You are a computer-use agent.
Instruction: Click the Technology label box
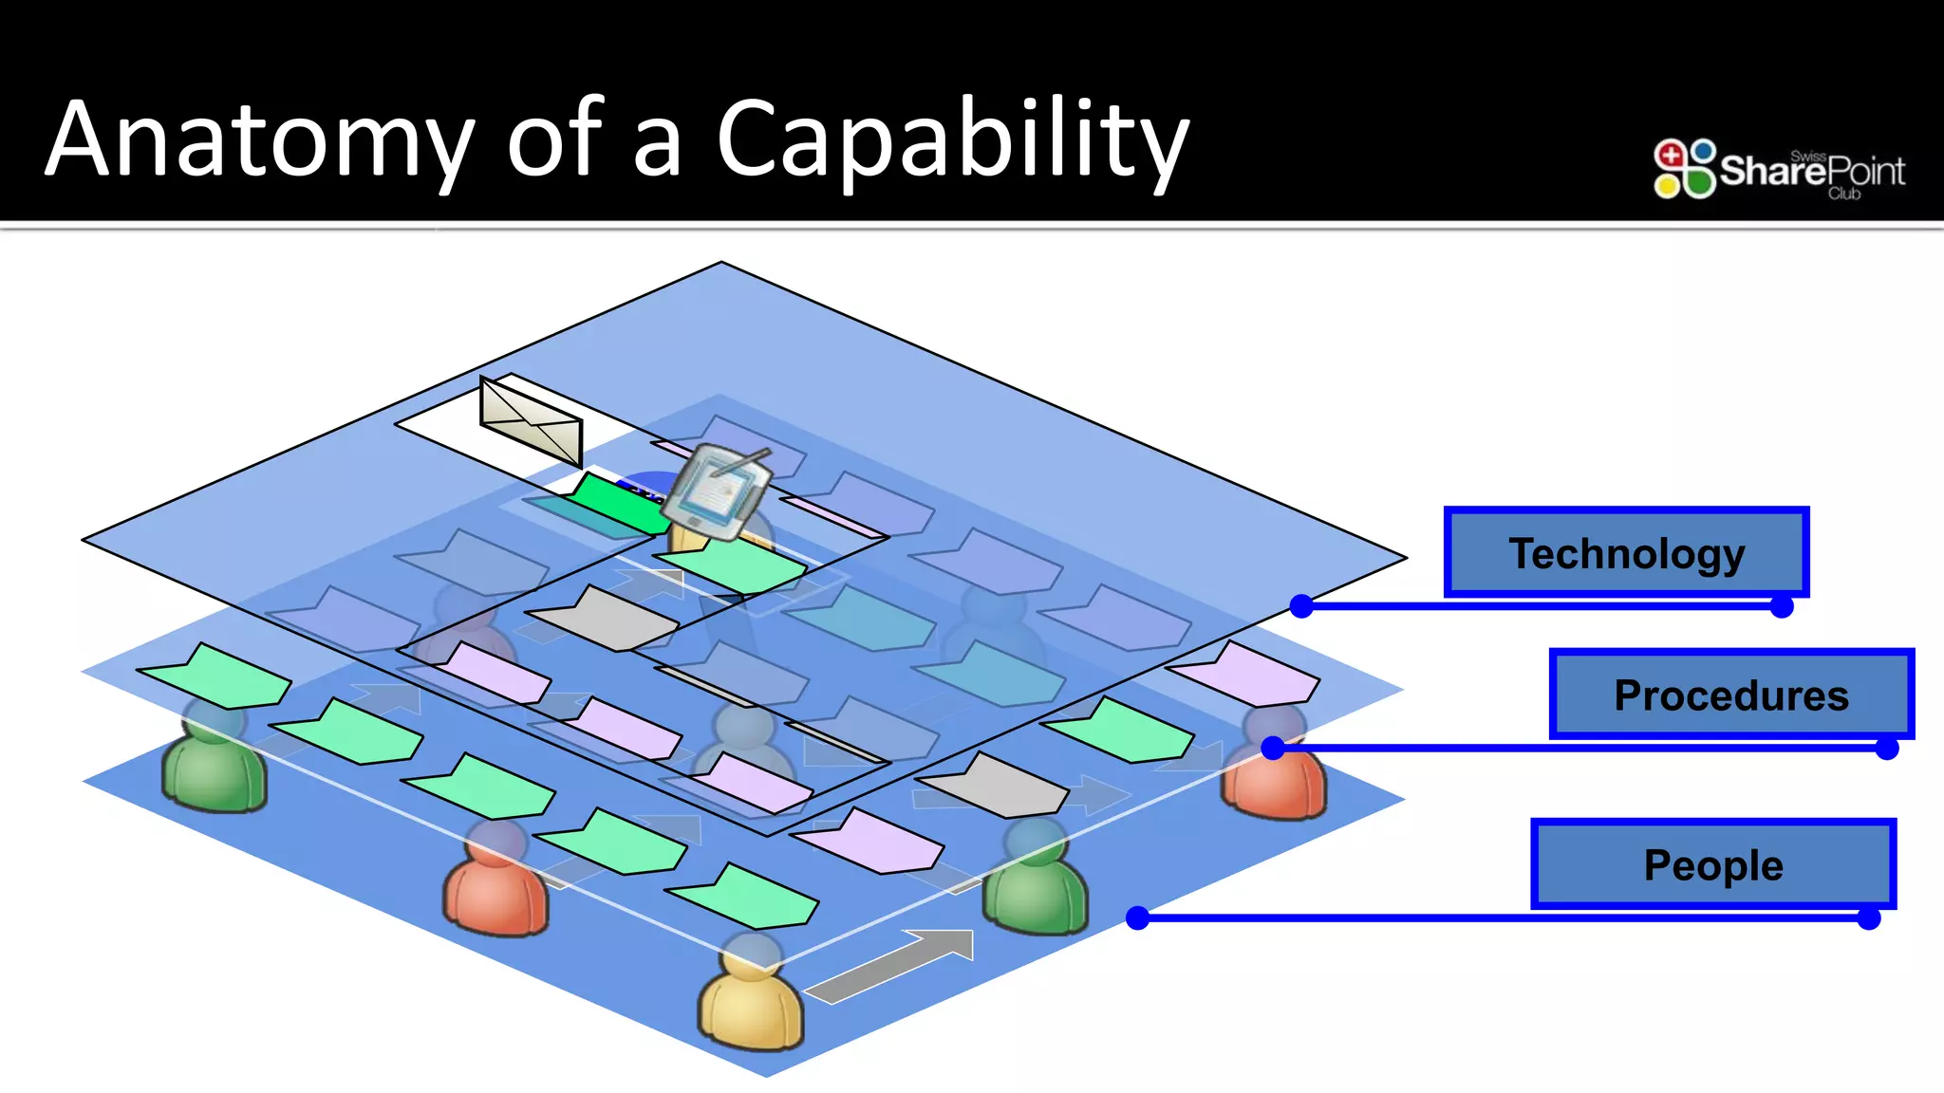point(1626,553)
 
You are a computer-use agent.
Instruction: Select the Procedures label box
point(1730,695)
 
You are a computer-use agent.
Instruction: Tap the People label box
point(1712,864)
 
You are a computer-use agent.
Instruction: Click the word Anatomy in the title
point(259,140)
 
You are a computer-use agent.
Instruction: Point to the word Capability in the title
point(952,140)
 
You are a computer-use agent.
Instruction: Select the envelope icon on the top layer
point(531,420)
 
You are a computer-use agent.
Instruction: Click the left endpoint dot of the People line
point(1137,917)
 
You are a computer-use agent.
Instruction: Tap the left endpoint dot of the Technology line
point(1301,606)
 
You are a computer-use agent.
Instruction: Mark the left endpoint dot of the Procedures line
point(1273,748)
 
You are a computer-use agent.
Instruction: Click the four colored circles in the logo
point(1684,169)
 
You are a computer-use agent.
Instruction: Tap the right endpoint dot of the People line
point(1868,918)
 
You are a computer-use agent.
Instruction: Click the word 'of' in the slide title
point(553,140)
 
